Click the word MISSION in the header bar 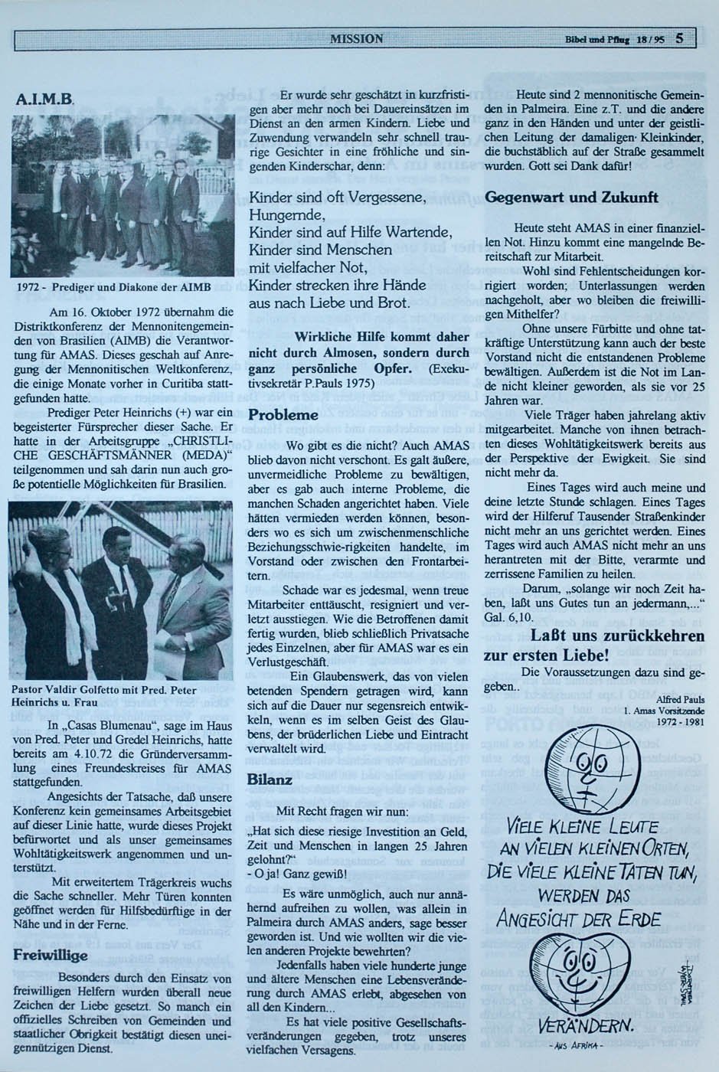357,38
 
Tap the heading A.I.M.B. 44,100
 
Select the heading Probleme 283,414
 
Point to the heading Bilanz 270,779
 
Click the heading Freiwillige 51,955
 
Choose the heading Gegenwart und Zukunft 571,198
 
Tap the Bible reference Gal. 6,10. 506,616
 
